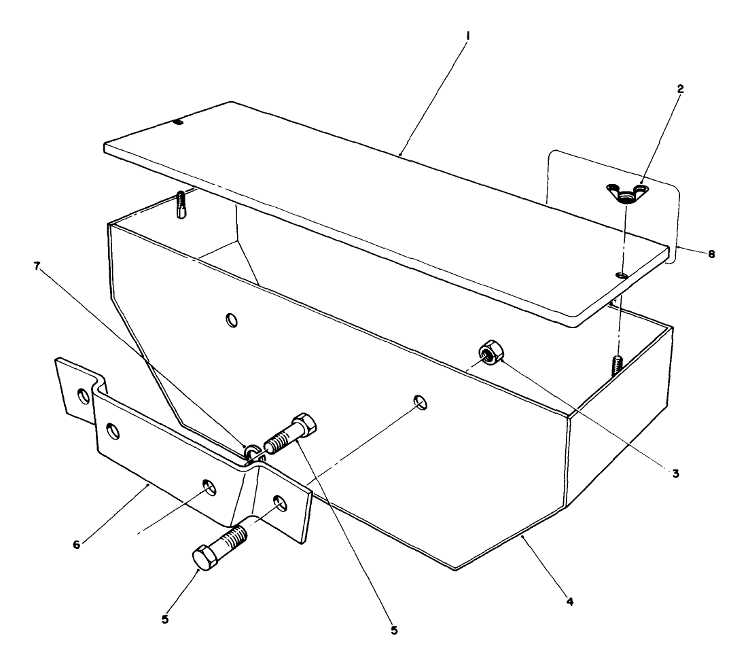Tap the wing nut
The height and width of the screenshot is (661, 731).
tap(626, 193)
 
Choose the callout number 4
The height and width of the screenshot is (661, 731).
tap(569, 601)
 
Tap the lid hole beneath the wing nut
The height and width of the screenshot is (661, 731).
tap(620, 275)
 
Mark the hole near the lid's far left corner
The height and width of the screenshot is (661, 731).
tap(177, 122)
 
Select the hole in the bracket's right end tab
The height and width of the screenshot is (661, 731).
tap(279, 504)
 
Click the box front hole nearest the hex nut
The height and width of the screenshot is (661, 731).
tap(421, 402)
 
